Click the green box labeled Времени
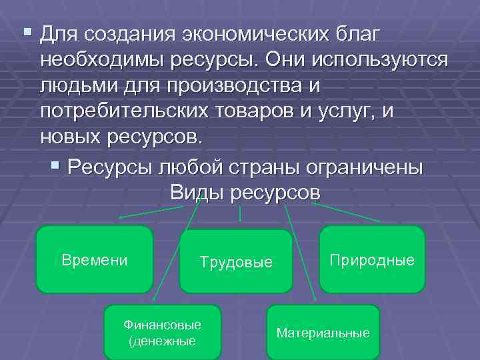click(94, 259)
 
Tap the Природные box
click(372, 259)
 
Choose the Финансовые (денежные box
click(162, 332)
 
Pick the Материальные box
click(323, 332)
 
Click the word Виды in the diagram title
click(197, 192)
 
